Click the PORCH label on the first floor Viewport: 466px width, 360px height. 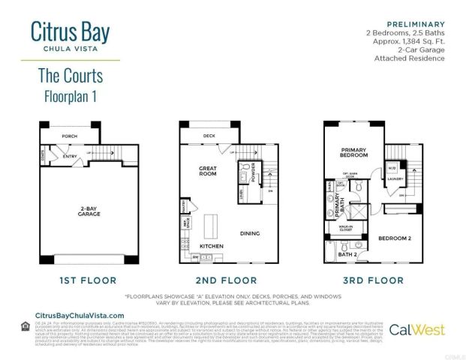tap(69, 136)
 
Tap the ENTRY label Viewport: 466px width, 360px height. tap(69, 157)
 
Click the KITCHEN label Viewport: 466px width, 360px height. tap(211, 246)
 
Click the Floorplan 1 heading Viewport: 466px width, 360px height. tap(70, 96)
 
